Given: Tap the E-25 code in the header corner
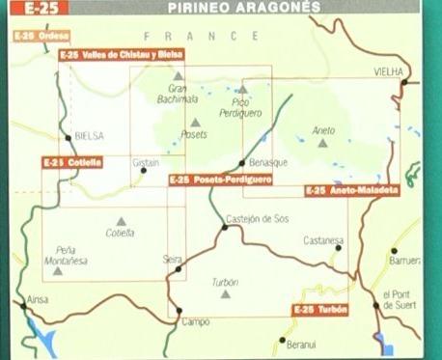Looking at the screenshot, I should coord(23,7).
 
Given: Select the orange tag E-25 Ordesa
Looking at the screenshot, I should coord(41,36).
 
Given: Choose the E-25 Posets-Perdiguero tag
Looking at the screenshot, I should coord(220,180).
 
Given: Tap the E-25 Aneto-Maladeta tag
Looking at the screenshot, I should coord(351,191).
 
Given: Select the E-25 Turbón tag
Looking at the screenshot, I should coord(319,310).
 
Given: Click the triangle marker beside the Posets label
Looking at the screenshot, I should coord(196,122).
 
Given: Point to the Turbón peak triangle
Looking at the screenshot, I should coord(226,293).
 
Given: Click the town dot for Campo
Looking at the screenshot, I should coord(180,310).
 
